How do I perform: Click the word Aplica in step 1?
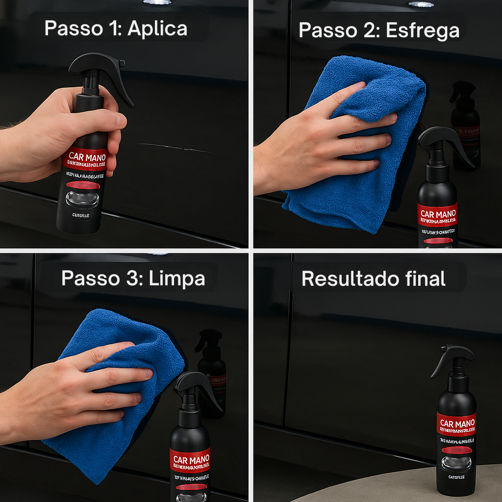point(157,28)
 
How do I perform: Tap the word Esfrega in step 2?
point(423,30)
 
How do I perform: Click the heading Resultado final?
point(373,278)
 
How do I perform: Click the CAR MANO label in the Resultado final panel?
point(457,424)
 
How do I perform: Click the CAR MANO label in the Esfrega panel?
point(438,214)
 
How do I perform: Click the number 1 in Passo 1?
point(116,28)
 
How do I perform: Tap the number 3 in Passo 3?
point(127,278)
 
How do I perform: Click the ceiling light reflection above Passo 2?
point(421,4)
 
